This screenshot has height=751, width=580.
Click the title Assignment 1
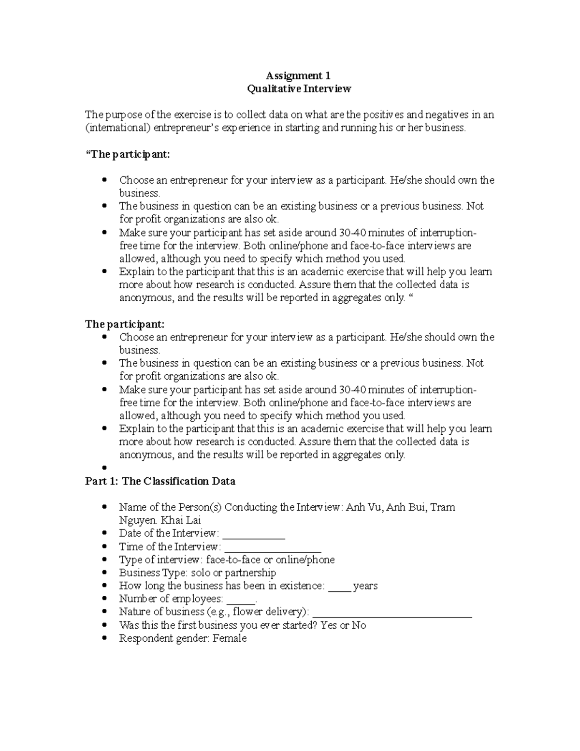(x=298, y=75)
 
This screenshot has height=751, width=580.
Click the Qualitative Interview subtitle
(x=299, y=88)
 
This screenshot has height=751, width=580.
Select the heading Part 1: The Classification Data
(x=160, y=481)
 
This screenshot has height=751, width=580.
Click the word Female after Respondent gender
(x=230, y=638)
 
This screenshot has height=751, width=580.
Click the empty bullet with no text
(x=104, y=468)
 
